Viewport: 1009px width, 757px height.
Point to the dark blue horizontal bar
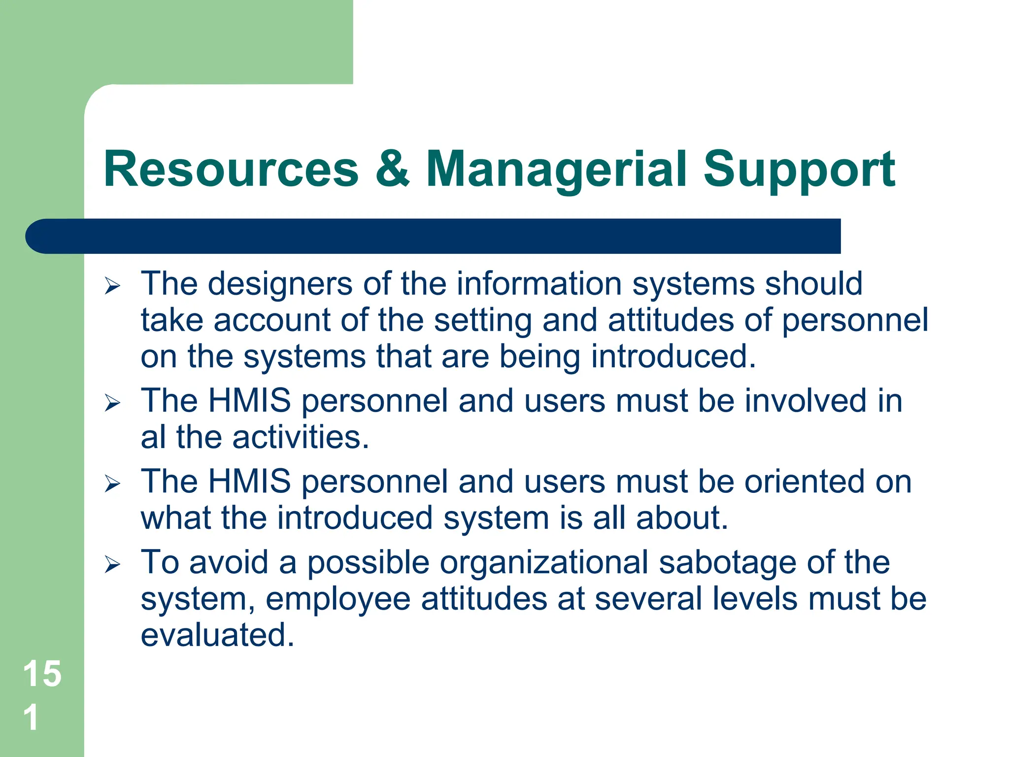tap(434, 236)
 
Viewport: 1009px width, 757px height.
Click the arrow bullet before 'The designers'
tap(112, 286)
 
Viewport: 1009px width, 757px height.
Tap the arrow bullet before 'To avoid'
tap(112, 564)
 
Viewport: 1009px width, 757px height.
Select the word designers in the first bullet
tap(280, 284)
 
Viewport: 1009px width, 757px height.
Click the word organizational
tap(544, 562)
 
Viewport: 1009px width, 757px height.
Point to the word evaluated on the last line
tap(217, 635)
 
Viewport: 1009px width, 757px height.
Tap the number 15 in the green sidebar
tap(42, 673)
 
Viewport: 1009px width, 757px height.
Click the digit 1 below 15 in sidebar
tap(31, 717)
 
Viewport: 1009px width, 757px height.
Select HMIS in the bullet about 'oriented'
tap(249, 482)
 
